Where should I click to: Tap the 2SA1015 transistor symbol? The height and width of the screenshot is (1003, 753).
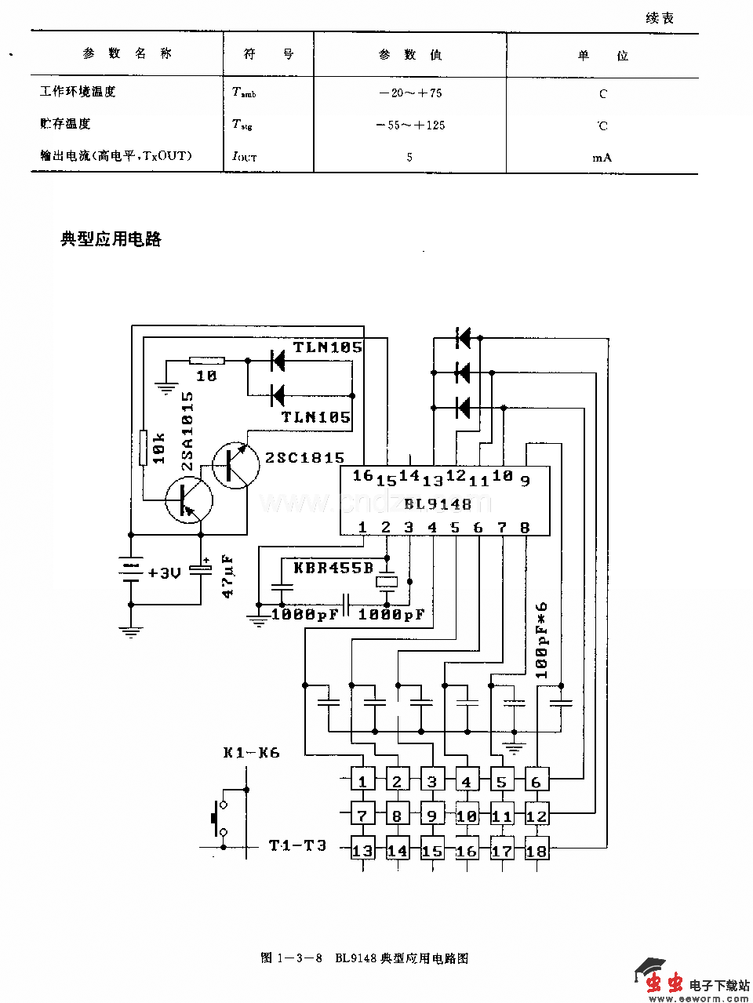pos(189,499)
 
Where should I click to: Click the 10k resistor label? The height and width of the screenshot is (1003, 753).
pos(160,448)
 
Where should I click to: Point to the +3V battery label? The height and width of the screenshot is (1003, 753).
pos(164,572)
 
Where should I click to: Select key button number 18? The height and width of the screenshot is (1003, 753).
pos(537,851)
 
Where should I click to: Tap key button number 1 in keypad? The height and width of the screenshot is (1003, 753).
pos(362,782)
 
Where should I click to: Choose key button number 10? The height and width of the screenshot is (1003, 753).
pos(467,816)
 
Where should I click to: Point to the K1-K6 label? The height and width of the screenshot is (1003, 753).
pos(251,752)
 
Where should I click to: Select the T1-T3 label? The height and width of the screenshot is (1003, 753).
pos(297,845)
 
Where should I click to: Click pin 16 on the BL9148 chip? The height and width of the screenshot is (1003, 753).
pos(362,475)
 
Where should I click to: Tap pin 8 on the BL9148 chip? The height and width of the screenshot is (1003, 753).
pos(525,528)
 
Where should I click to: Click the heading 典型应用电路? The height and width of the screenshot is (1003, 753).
pos(111,239)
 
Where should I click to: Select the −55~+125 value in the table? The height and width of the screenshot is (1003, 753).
pos(409,125)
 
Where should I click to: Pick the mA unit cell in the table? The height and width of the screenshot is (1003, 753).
pos(602,157)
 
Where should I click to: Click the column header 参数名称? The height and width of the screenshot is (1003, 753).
pos(127,54)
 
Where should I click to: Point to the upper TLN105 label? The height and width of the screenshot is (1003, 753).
pos(327,347)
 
